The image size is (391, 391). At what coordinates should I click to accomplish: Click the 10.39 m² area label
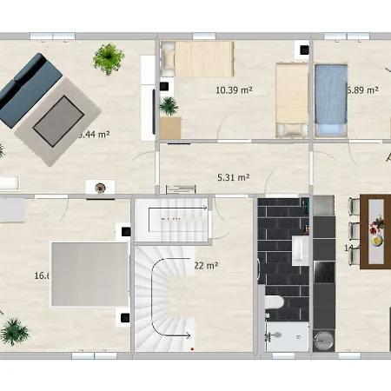(x=233, y=89)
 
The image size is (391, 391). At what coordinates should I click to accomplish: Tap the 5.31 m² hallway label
(x=233, y=178)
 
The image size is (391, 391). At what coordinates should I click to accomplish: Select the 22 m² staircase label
(x=205, y=265)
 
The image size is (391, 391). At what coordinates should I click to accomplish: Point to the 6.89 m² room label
(x=364, y=89)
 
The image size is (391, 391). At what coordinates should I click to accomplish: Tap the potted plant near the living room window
(x=109, y=58)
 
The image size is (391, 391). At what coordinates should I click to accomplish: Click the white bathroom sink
(x=300, y=251)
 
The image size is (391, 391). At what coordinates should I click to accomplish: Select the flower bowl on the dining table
(x=378, y=230)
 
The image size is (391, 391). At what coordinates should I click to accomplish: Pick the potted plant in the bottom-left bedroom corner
(x=13, y=331)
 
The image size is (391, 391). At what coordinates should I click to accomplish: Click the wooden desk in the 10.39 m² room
(x=170, y=128)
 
